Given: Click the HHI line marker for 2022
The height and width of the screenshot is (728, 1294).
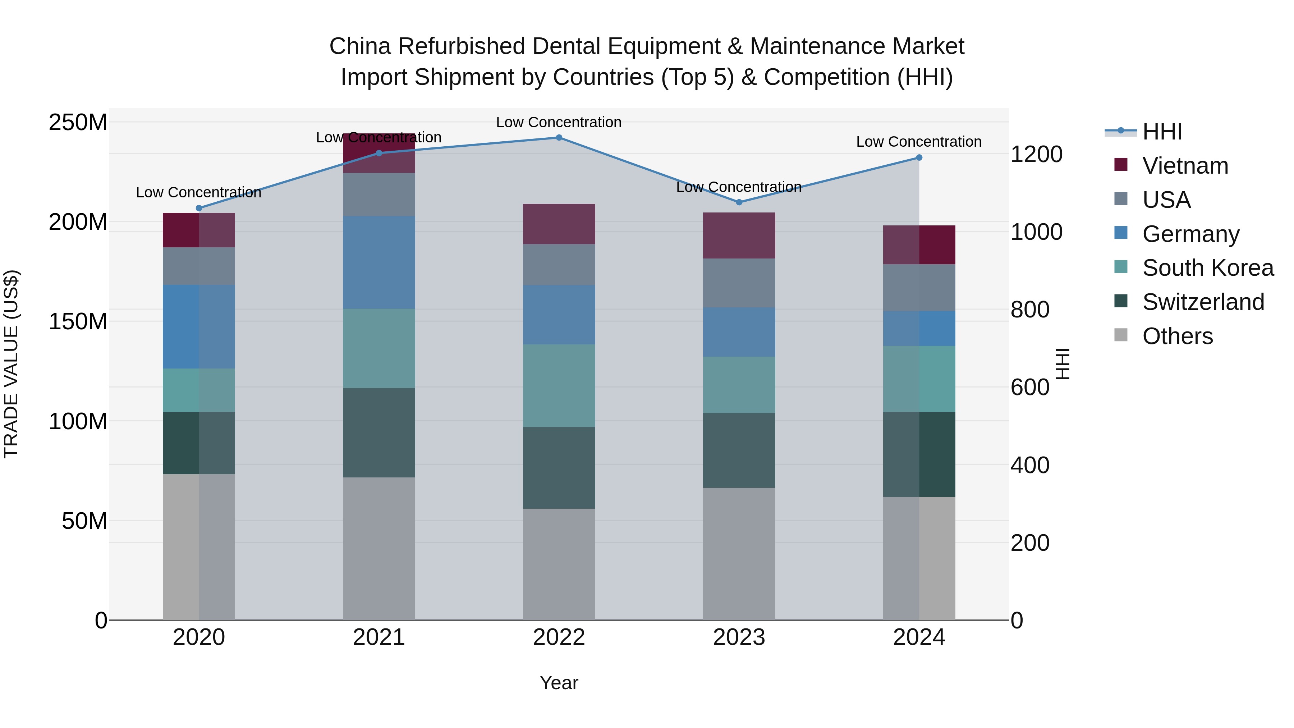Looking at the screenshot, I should [559, 138].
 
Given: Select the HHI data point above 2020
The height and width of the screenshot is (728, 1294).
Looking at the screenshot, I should [199, 208].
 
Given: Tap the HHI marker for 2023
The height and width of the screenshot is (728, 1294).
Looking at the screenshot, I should [739, 202].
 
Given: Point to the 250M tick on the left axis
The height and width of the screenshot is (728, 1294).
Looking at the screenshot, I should [78, 123].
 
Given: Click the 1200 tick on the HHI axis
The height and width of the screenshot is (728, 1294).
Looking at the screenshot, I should [1036, 154].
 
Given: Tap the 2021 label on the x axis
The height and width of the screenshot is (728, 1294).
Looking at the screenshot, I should [379, 637].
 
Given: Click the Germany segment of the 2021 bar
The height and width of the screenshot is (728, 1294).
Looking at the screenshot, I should [379, 262].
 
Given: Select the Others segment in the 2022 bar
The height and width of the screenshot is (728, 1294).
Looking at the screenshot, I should [559, 564].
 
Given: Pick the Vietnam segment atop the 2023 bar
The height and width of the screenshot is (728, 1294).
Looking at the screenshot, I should [739, 235].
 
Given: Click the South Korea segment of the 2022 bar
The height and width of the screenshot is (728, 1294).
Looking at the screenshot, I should [559, 385].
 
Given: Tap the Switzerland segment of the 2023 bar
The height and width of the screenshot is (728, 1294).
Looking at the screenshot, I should [739, 450].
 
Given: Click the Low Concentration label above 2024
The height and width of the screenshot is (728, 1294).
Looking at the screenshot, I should [919, 142].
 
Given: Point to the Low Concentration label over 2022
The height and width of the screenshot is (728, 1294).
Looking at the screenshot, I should [559, 123].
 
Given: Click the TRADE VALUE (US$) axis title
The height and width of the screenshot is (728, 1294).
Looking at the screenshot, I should [11, 364].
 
